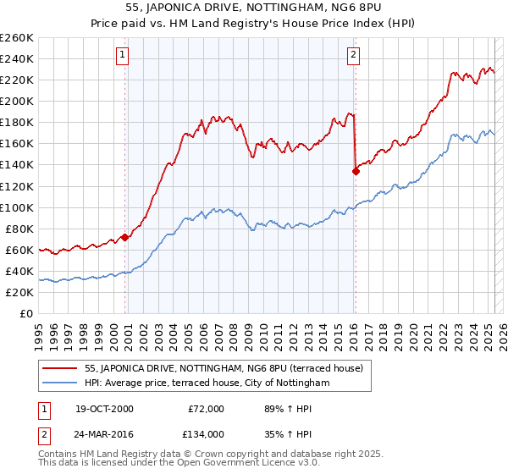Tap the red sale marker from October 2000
pos(125,237)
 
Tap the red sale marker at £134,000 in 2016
pos(356,171)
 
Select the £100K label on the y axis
pos(17,207)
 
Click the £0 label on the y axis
pos(26,313)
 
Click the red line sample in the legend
pos(60,368)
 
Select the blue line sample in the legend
pos(60,383)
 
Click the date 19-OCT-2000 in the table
pos(102,410)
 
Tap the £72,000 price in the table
pos(206,410)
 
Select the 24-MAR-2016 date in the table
pos(103,434)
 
